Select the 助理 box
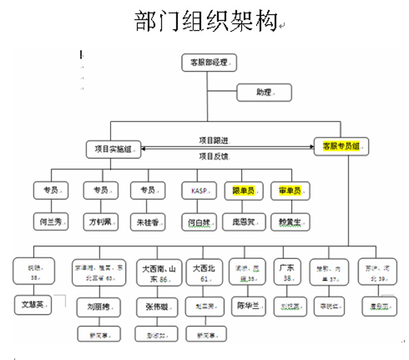pyautogui.click(x=265, y=93)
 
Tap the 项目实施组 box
pyautogui.click(x=113, y=150)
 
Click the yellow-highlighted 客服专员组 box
pyautogui.click(x=343, y=146)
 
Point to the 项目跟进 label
pyautogui.click(x=214, y=140)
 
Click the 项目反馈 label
pyautogui.click(x=213, y=157)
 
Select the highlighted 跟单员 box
pyautogui.click(x=244, y=191)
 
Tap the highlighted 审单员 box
pyautogui.click(x=290, y=191)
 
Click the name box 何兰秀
pyautogui.click(x=51, y=221)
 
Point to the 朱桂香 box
pyautogui.click(x=148, y=221)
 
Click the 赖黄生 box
pyautogui.click(x=290, y=221)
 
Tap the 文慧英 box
pyautogui.click(x=32, y=304)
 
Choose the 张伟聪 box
pyautogui.click(x=156, y=307)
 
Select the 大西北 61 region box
pyautogui.click(x=203, y=274)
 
